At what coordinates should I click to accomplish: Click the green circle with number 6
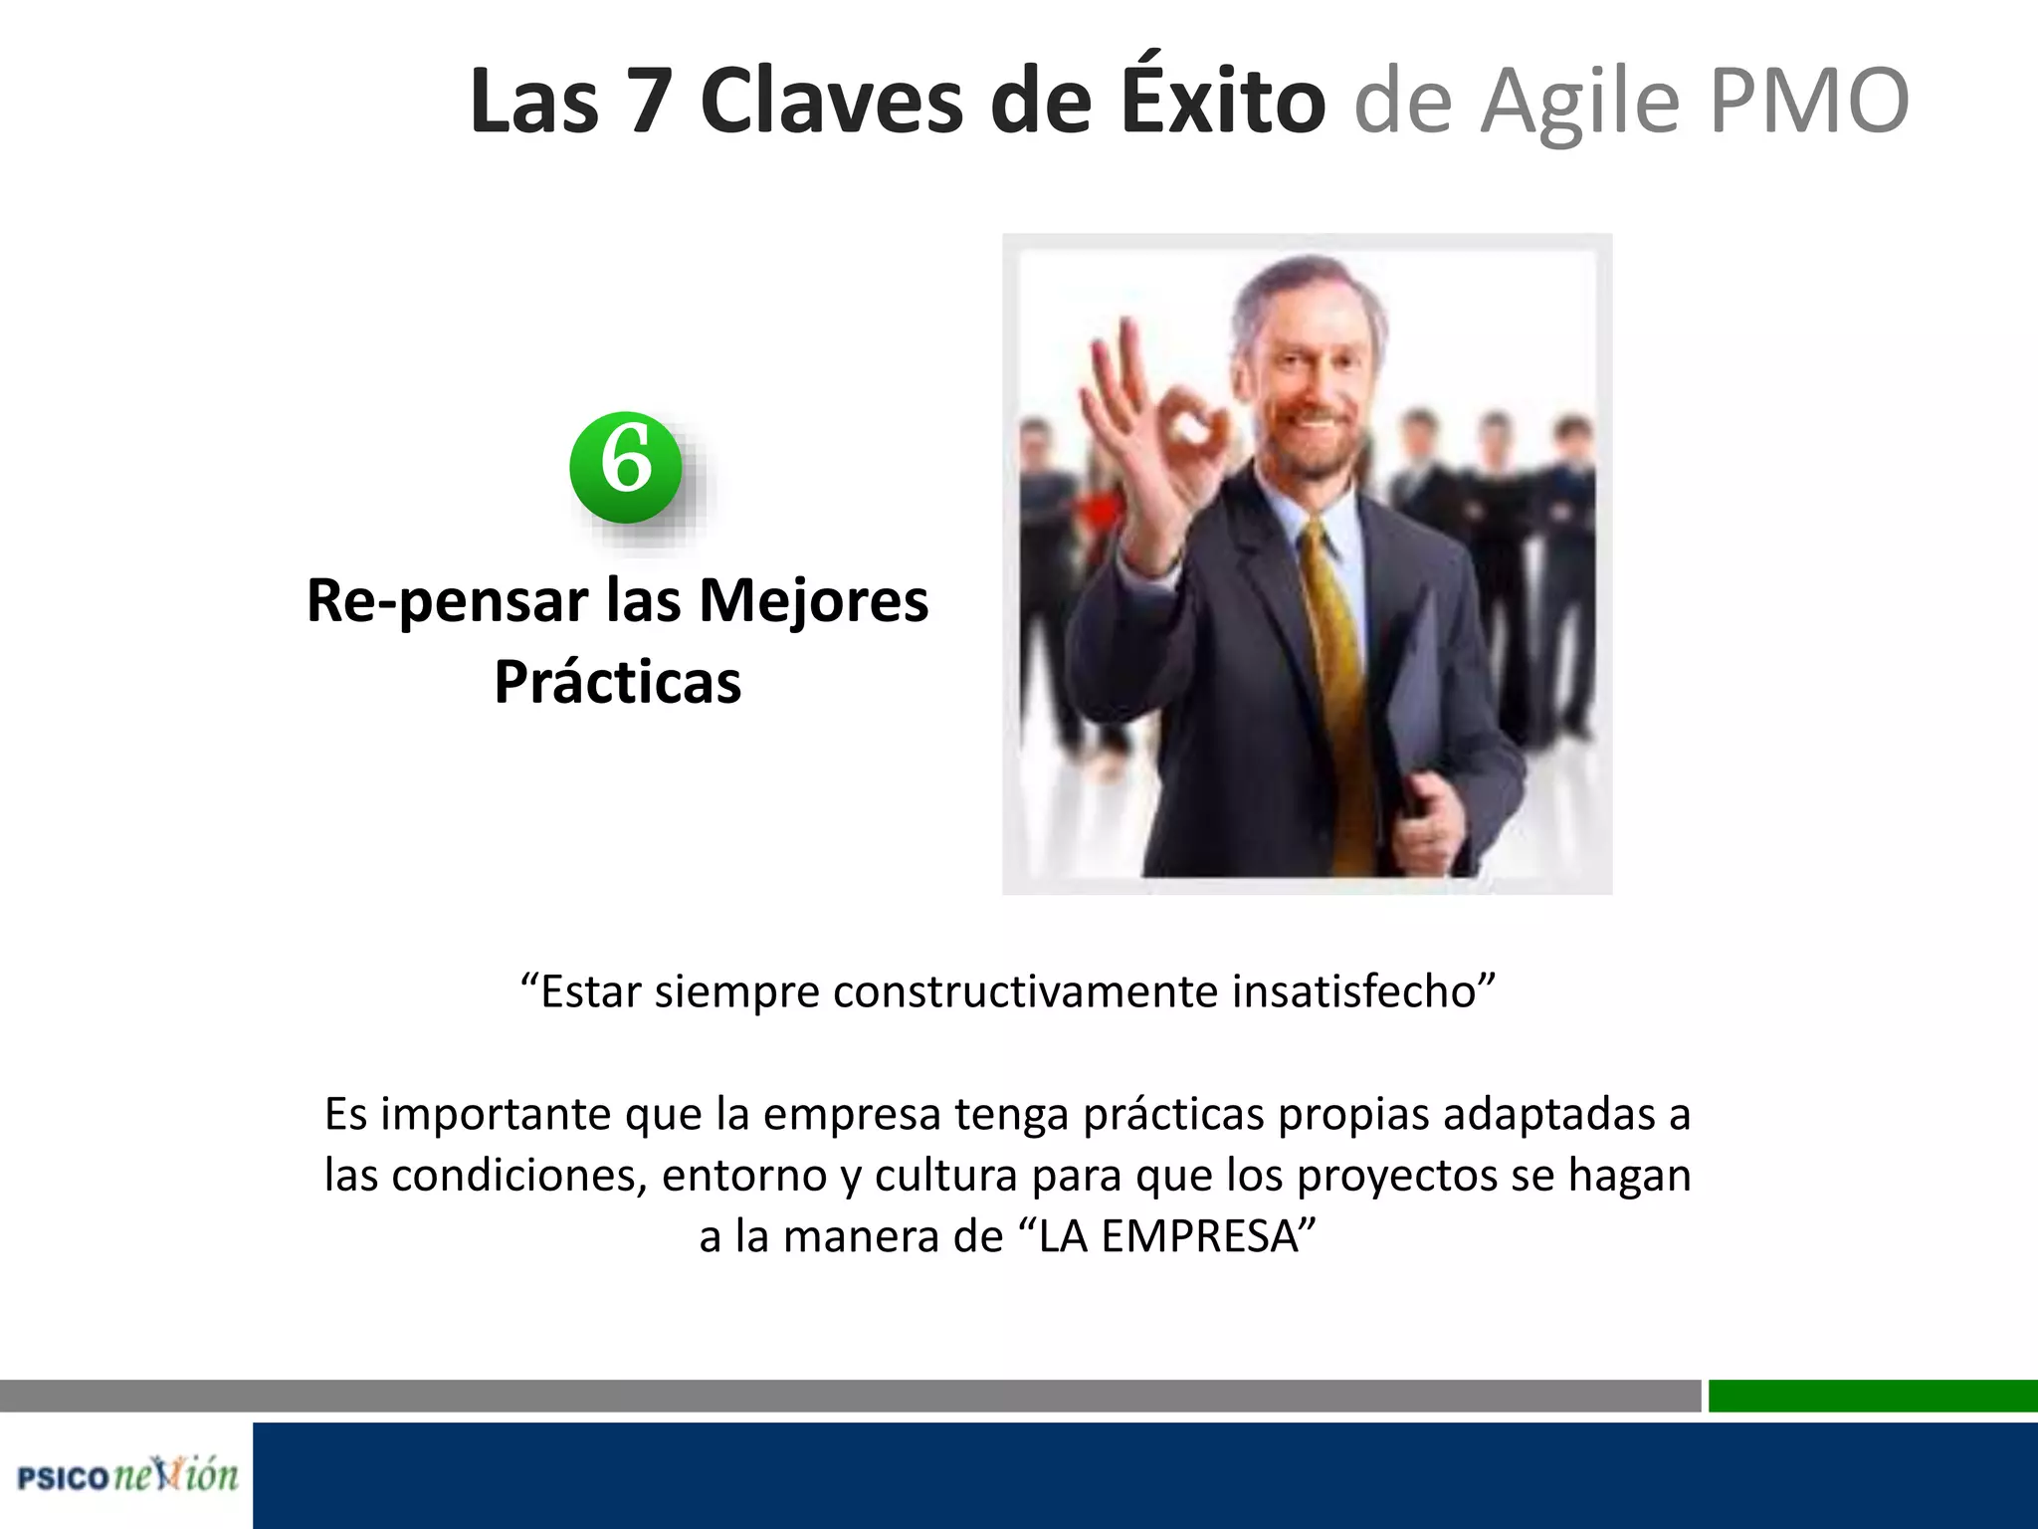(x=626, y=467)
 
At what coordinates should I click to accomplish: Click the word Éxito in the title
(x=1223, y=102)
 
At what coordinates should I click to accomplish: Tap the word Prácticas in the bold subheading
(x=618, y=682)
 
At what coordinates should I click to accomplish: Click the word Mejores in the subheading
(x=814, y=601)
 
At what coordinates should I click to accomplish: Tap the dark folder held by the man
(x=1413, y=697)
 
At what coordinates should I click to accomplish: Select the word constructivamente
(x=1026, y=991)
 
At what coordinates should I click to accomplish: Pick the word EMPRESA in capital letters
(x=1169, y=1236)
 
